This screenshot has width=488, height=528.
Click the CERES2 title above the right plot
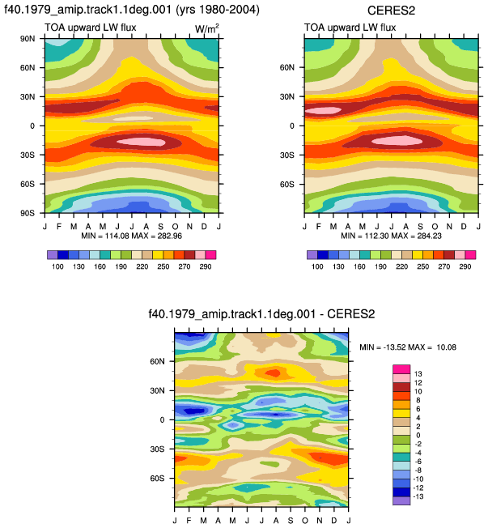pos(391,11)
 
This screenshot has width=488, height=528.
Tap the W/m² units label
pos(206,28)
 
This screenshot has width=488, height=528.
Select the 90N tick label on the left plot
pos(28,39)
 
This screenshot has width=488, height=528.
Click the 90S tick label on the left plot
pos(28,213)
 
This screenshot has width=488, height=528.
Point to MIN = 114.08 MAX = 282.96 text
pos(132,236)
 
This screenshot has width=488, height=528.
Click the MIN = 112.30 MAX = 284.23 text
pos(391,236)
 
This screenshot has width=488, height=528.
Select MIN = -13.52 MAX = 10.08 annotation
pos(408,347)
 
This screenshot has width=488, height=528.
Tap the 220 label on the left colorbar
pos(142,266)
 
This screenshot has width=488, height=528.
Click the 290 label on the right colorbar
pos(465,266)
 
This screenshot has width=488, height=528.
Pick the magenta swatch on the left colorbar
pos(210,255)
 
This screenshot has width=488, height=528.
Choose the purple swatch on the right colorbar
pos(312,255)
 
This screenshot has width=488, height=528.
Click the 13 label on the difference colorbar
pos(418,374)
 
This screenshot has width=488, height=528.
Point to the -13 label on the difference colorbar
pos(418,496)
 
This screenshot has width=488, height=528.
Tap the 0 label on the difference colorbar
pos(418,435)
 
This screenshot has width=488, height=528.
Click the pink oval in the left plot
pos(142,142)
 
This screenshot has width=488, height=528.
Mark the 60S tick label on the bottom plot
pos(157,478)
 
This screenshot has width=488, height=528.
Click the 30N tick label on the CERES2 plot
pos(287,97)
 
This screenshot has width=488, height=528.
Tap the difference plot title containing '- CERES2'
pos(261,314)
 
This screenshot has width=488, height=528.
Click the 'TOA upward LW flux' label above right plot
pos(350,28)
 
